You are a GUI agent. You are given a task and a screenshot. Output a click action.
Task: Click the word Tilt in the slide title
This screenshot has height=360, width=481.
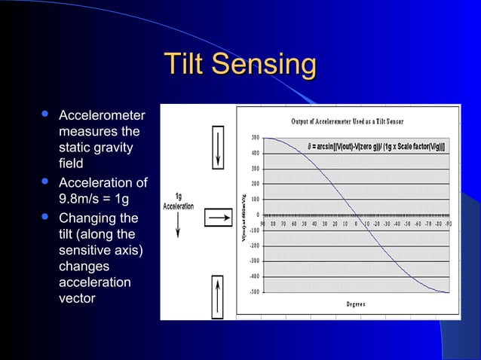(x=185, y=65)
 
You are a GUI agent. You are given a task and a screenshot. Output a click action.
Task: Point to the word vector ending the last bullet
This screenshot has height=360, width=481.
(x=77, y=297)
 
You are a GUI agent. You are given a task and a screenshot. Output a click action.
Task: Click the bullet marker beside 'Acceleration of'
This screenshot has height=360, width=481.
(x=46, y=182)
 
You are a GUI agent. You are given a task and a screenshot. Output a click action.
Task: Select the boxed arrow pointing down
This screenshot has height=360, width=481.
(x=219, y=148)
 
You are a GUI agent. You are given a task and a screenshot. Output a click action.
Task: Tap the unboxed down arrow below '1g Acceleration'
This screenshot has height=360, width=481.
(x=177, y=224)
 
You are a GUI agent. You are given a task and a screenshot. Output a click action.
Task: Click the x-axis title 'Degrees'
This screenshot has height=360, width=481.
(x=356, y=304)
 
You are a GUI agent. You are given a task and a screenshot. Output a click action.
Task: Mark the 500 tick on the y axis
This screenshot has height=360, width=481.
(x=256, y=137)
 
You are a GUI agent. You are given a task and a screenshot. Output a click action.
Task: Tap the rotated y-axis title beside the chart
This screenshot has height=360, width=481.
(x=244, y=215)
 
